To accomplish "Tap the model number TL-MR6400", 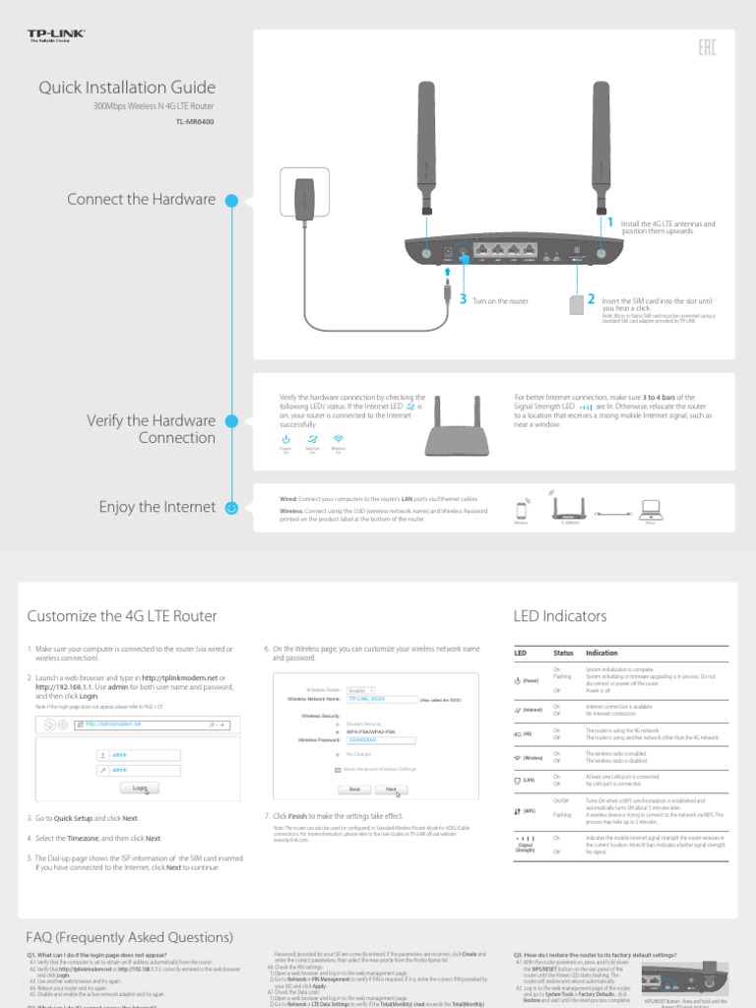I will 194,122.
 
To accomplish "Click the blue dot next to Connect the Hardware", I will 232,200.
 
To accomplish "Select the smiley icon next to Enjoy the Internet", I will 232,508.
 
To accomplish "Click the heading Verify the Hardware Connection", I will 151,428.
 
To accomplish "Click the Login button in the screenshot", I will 140,788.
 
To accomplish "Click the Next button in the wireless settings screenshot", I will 391,789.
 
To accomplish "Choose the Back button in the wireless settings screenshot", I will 354,789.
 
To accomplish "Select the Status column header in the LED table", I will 563,653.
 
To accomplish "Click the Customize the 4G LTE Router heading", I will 121,616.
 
